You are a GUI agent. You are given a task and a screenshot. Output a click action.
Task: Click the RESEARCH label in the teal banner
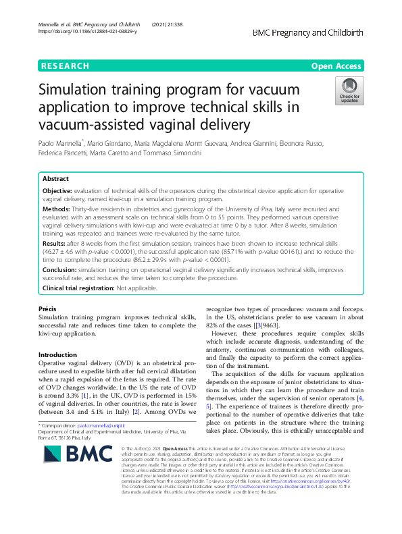[x=66, y=66]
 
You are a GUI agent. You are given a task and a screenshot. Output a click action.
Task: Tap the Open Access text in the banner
[x=336, y=66]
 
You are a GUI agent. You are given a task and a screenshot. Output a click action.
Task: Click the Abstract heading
[x=55, y=180]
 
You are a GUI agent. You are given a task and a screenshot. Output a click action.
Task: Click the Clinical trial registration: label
[x=78, y=288]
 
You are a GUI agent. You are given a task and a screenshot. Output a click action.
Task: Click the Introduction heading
[x=57, y=355]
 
